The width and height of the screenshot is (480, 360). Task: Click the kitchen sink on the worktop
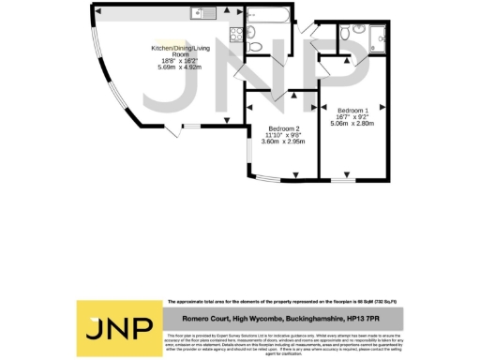point(199,14)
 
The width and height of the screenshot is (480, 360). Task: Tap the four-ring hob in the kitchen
point(229,38)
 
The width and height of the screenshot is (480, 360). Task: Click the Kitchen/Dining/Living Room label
point(182,51)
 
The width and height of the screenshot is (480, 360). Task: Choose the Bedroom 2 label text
point(283,128)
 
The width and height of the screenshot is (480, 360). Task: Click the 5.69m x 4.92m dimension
point(182,67)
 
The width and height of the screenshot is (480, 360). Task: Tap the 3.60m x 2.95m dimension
point(283,143)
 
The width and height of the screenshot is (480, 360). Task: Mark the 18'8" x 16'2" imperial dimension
point(182,61)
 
